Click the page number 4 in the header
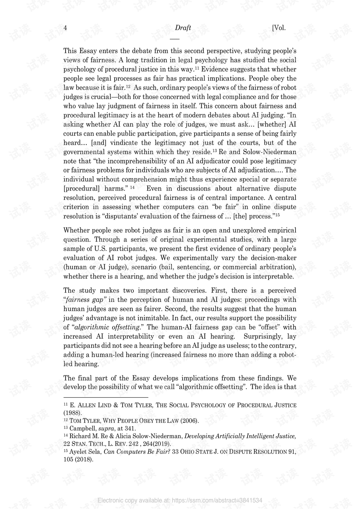pyautogui.click(x=65, y=28)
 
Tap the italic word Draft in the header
pyautogui.click(x=183, y=28)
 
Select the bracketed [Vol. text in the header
pyautogui.click(x=279, y=28)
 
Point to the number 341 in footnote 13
pyautogui.click(x=130, y=428)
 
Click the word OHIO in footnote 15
pyautogui.click(x=187, y=452)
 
